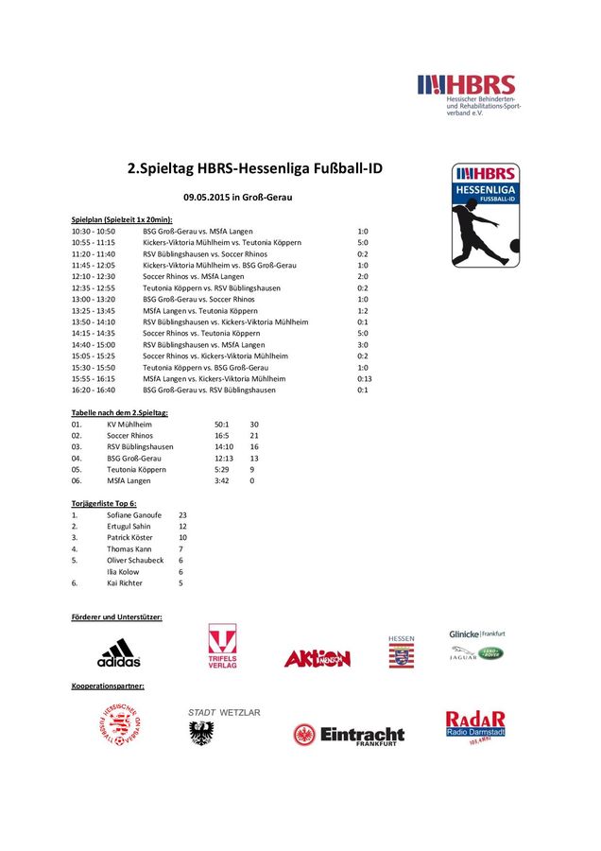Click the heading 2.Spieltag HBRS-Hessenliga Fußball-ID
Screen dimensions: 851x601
tap(254, 168)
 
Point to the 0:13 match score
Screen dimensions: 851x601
tap(364, 378)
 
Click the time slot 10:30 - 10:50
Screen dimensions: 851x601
tap(94, 231)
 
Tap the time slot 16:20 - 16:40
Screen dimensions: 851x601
tap(94, 390)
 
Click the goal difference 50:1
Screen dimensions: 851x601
tap(223, 425)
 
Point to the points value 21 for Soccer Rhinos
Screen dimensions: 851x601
tap(254, 436)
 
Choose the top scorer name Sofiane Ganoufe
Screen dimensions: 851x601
tap(134, 515)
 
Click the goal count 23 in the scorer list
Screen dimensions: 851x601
tap(182, 515)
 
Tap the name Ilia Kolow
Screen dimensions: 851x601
tap(125, 572)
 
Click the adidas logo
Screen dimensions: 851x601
tap(118, 651)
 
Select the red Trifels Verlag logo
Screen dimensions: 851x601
tap(222, 647)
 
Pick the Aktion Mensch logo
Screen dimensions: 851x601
tap(317, 658)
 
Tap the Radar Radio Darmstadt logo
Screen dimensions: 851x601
tap(475, 726)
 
